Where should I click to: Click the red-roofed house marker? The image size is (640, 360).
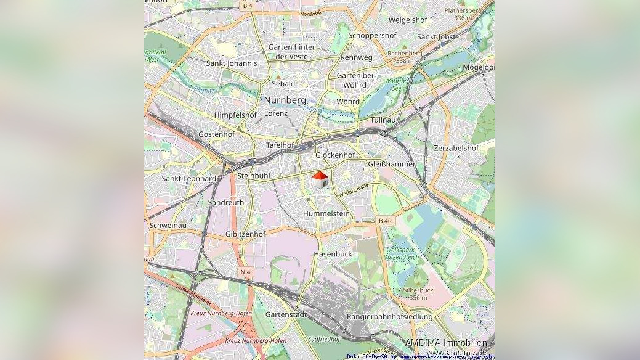click(x=319, y=180)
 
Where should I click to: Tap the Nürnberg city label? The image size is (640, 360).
click(x=285, y=99)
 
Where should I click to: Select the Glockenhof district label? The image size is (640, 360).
click(x=335, y=155)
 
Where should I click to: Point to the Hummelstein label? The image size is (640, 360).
click(x=326, y=213)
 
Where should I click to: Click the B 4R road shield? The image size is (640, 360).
click(x=385, y=221)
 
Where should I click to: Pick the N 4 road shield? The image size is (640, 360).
click(x=246, y=272)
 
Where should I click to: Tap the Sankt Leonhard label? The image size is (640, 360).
click(x=189, y=179)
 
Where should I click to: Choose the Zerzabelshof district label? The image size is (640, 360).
click(x=456, y=149)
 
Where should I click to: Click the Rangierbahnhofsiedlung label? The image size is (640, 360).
click(x=390, y=317)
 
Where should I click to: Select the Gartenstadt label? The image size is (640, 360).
click(x=286, y=314)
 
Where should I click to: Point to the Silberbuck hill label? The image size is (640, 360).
click(x=418, y=290)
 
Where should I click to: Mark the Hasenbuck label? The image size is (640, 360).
click(x=333, y=254)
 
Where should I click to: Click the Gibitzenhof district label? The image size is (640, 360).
click(x=245, y=234)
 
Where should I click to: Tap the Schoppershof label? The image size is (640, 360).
click(x=372, y=36)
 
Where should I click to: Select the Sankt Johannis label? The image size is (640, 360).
click(x=232, y=63)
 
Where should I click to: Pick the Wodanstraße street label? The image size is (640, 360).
click(x=354, y=189)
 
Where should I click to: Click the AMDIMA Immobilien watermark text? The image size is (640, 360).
click(x=446, y=343)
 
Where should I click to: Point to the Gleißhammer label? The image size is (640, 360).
click(x=391, y=165)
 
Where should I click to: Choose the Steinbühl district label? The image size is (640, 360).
click(x=254, y=176)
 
